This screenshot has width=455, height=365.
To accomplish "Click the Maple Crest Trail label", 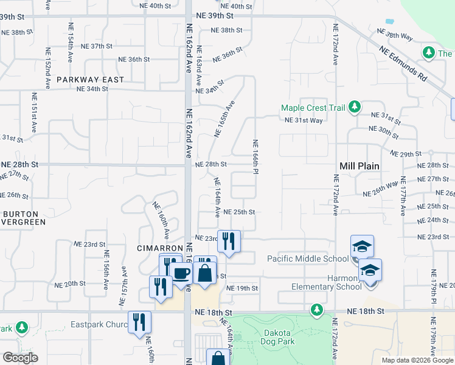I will [313, 108].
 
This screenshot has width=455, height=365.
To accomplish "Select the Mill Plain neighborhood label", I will [359, 165].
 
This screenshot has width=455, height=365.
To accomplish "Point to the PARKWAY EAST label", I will [90, 80].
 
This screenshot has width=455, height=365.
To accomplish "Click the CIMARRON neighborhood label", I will [159, 249].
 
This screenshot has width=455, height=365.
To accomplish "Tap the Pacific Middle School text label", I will [308, 259].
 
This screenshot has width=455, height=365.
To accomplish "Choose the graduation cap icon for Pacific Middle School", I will [362, 247].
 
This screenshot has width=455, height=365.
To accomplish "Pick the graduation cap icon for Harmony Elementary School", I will [370, 270].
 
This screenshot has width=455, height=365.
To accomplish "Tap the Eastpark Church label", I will [99, 324].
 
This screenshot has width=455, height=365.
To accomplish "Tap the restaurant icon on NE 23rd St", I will [229, 242].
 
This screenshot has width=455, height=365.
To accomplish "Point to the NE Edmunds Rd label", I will [403, 65].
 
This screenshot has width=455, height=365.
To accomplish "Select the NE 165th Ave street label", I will [224, 118].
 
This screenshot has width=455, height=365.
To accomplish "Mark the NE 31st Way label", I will [304, 120].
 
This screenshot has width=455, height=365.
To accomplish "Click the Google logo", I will [20, 358].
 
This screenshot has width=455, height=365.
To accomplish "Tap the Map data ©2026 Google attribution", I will [417, 360].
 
